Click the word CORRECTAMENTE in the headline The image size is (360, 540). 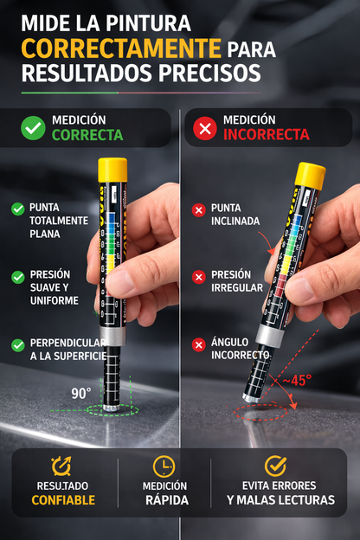tap(116, 47)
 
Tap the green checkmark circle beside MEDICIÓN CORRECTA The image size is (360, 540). tap(33, 127)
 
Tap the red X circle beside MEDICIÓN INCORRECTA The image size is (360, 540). tap(205, 128)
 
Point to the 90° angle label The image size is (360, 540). tap(81, 393)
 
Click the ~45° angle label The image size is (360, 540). tap(295, 379)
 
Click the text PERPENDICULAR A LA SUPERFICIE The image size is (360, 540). tap(67, 350)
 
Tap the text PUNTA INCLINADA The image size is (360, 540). tap(235, 215)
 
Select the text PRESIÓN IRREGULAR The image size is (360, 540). tap(236, 281)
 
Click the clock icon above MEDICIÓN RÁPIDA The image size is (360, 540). tap(164, 466)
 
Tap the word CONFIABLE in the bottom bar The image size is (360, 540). tap(62, 500)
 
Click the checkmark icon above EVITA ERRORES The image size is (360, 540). tap(275, 466)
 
